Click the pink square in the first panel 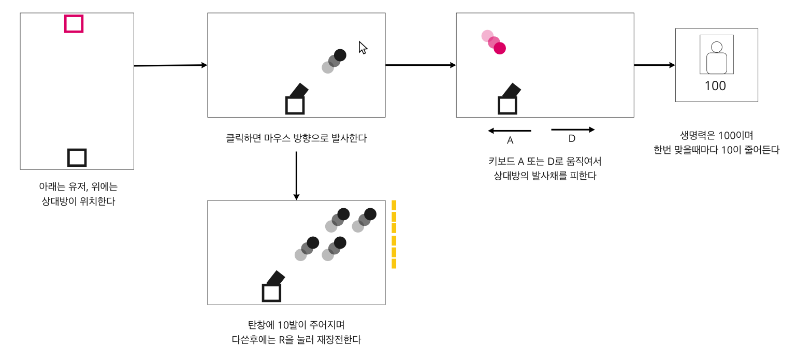tap(74, 24)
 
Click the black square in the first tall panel tap(77, 157)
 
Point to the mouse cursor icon tap(363, 48)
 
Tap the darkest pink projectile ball tap(500, 48)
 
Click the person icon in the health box tap(716, 57)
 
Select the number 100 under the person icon tap(715, 86)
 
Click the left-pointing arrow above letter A tap(510, 131)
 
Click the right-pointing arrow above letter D tap(573, 129)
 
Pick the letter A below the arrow tap(510, 141)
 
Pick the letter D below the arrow tap(572, 139)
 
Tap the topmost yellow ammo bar tap(394, 205)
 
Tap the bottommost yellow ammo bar tap(394, 264)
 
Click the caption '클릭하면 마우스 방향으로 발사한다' tap(296, 138)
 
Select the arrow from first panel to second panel tap(170, 65)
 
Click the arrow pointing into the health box tap(655, 65)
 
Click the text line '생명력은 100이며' tap(716, 136)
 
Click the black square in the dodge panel tap(507, 105)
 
